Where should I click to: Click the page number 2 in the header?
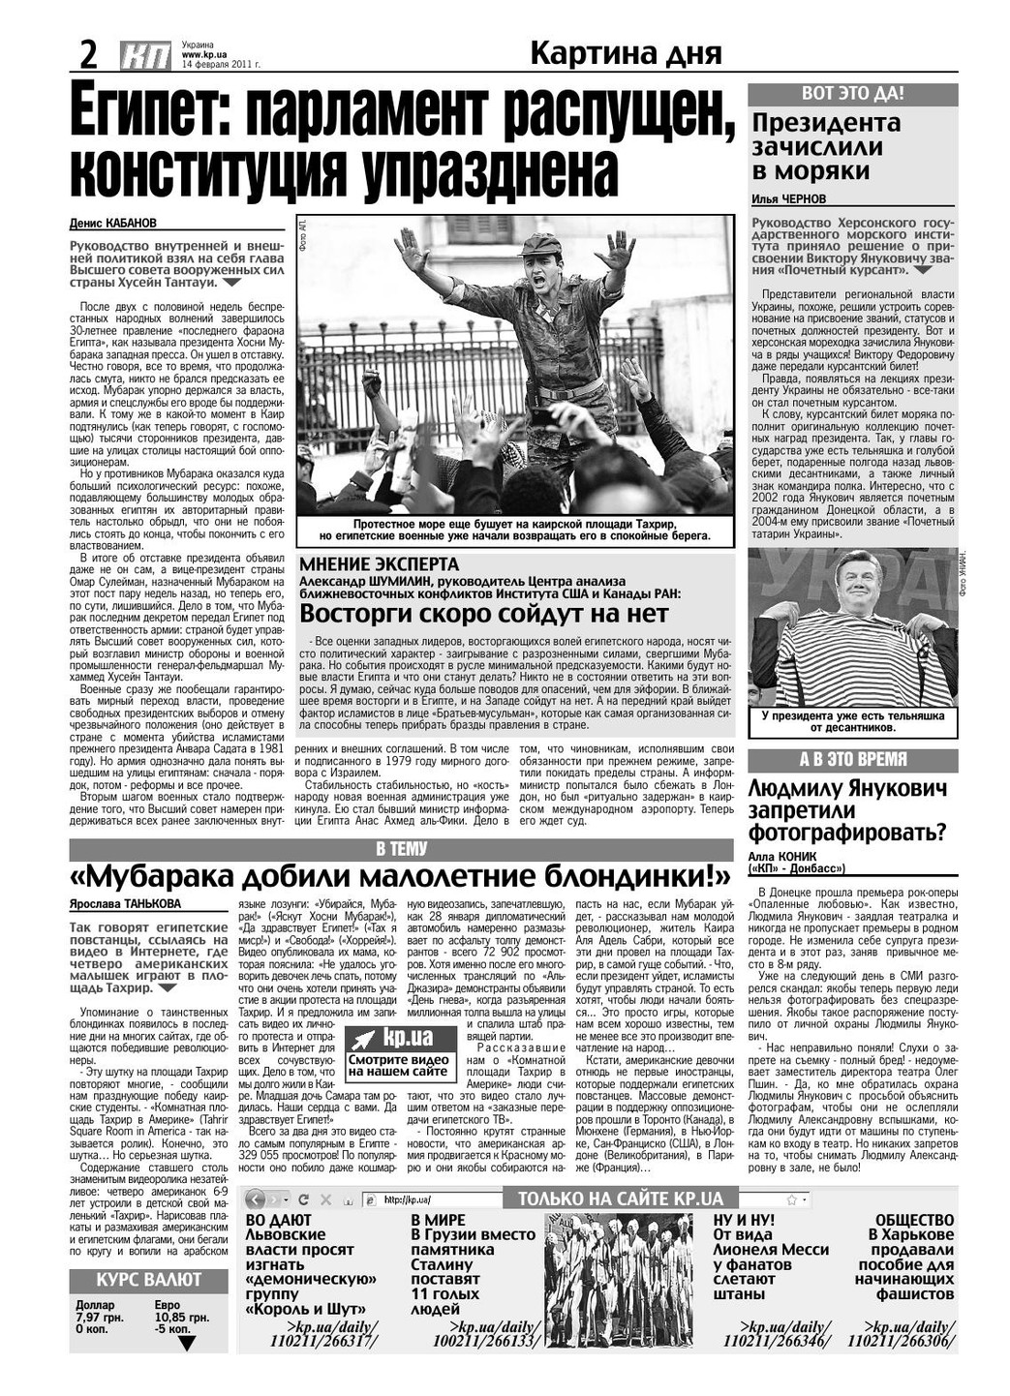tap(88, 54)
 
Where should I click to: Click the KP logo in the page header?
tap(146, 56)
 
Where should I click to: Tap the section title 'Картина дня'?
tap(626, 53)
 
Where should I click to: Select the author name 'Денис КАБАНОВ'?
tap(112, 223)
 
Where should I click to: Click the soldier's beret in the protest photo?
tap(540, 244)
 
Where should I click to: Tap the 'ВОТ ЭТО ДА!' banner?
tap(852, 94)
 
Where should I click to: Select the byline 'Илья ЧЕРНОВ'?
tap(789, 198)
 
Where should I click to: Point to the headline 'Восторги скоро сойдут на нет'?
tap(484, 614)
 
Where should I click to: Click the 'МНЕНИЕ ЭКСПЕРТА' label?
tap(380, 564)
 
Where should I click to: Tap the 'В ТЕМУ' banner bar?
tap(401, 849)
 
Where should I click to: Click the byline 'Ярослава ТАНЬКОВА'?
tap(125, 904)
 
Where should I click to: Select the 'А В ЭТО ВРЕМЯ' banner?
tap(852, 760)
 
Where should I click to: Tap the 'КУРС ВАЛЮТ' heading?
tap(148, 1279)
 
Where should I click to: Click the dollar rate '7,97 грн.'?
tap(99, 1318)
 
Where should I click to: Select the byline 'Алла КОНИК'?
tap(781, 857)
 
